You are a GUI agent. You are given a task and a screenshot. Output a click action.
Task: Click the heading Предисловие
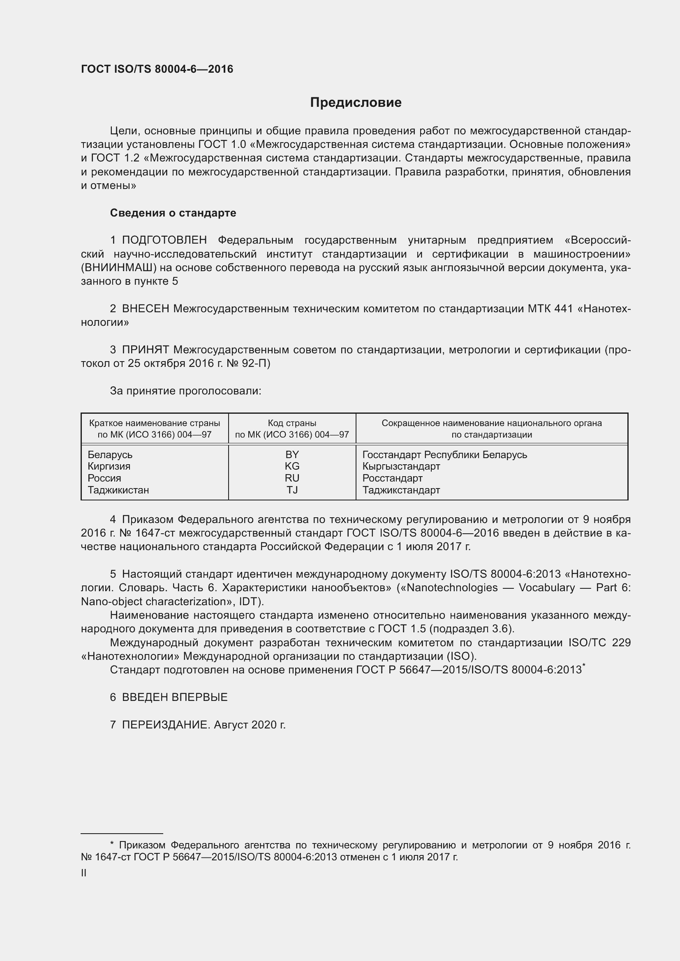coord(356,103)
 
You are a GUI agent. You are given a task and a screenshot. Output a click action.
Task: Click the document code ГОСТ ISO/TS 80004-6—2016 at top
coord(157,69)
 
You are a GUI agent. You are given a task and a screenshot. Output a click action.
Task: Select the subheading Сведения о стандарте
coord(173,213)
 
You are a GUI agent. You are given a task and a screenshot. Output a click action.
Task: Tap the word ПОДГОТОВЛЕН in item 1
coord(164,240)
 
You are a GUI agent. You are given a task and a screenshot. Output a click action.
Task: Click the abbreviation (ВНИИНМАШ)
coord(118,268)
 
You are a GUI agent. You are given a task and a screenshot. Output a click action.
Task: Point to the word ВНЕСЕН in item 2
coord(145,309)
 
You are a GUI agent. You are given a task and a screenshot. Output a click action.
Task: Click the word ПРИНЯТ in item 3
coord(145,350)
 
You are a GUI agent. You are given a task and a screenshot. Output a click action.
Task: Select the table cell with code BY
coord(292,454)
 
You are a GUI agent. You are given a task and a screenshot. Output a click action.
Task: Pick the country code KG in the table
coord(292,466)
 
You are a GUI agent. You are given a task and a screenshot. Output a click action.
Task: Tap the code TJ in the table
coord(292,490)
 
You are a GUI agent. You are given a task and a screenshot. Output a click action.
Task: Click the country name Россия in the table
coord(104,478)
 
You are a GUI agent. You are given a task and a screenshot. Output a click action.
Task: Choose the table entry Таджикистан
coord(118,490)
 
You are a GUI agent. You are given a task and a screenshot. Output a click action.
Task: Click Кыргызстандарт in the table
coord(401,466)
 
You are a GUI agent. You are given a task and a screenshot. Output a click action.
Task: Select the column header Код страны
coord(292,423)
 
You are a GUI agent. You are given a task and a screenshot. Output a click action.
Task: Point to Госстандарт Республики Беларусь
coord(445,454)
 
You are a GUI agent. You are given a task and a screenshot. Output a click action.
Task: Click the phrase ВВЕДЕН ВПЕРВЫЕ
coord(175,697)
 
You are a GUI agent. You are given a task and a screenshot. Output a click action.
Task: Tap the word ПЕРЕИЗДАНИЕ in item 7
coord(165,725)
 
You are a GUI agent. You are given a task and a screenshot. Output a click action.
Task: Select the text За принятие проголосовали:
coord(185,391)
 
